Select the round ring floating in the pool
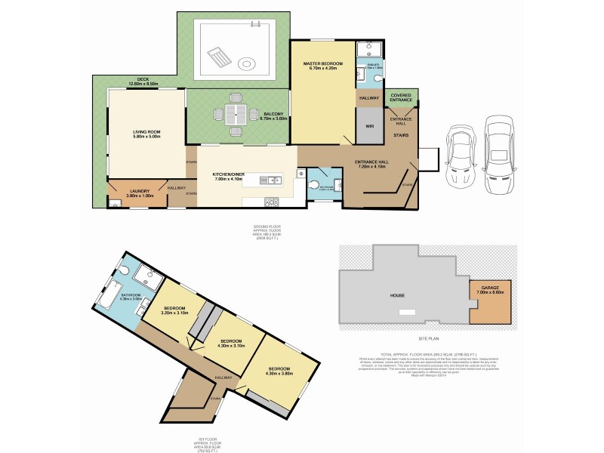click(x=247, y=63)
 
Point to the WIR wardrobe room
click(x=370, y=127)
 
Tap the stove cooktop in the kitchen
click(x=271, y=201)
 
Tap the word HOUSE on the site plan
click(x=398, y=296)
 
